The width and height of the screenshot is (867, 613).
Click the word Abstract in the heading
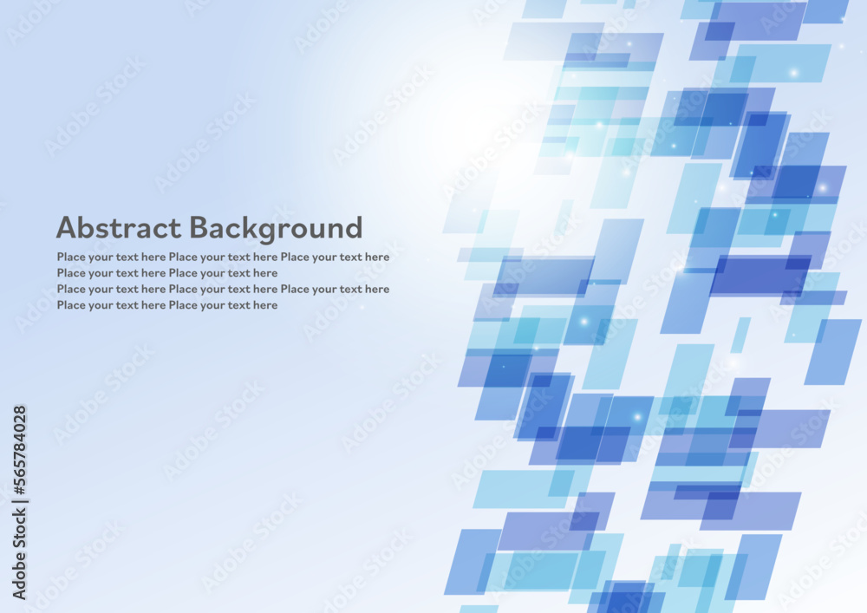(x=119, y=227)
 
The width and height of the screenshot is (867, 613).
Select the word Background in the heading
(x=276, y=229)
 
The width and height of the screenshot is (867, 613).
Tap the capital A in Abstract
(x=67, y=227)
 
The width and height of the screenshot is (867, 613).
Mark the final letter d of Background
(x=354, y=227)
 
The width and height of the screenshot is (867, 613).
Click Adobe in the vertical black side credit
(x=19, y=575)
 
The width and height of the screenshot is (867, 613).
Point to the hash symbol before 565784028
(x=19, y=487)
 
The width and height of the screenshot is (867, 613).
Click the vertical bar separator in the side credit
(x=19, y=499)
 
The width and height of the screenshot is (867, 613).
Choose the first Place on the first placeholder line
(x=71, y=257)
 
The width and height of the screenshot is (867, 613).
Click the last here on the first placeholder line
(x=376, y=257)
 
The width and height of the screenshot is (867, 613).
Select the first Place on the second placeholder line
(x=71, y=272)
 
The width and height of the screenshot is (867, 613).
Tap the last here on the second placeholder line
(x=264, y=272)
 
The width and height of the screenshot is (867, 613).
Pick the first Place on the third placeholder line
(x=71, y=289)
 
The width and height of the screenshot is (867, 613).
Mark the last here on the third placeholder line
(x=376, y=289)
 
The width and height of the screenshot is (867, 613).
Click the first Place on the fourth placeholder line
(x=71, y=304)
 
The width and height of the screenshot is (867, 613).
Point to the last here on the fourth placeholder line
(x=264, y=304)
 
